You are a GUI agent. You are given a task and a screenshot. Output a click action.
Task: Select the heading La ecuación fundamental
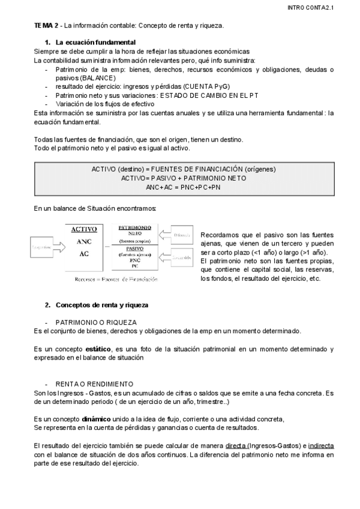(x=95, y=43)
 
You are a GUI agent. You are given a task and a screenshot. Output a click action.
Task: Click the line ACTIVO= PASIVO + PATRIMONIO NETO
(x=183, y=178)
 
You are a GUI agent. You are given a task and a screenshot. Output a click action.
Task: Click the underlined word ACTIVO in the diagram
(x=84, y=229)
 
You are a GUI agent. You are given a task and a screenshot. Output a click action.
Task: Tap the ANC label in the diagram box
(x=84, y=241)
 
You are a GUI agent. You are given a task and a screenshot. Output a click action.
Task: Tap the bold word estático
(x=98, y=349)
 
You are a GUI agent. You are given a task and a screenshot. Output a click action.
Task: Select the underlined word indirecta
(x=321, y=445)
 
